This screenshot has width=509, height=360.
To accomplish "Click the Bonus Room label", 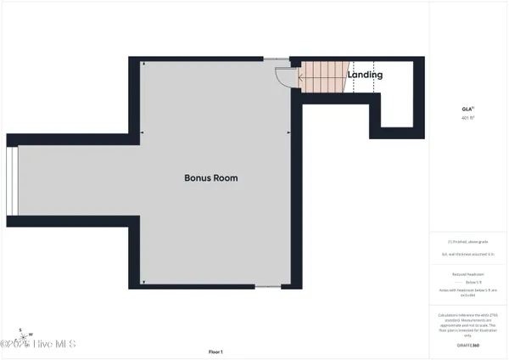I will pyautogui.click(x=211, y=178).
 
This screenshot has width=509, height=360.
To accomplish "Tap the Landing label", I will pyautogui.click(x=365, y=75).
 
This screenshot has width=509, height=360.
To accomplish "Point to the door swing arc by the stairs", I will pyautogui.click(x=284, y=76).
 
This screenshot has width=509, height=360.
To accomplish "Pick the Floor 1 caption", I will pyautogui.click(x=215, y=352).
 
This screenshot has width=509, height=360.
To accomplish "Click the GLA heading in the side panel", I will pyautogui.click(x=467, y=109).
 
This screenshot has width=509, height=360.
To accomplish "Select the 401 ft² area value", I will pyautogui.click(x=467, y=118).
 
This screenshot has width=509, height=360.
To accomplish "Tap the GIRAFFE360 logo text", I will pyautogui.click(x=467, y=345).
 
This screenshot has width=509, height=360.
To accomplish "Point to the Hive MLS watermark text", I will pyautogui.click(x=47, y=344).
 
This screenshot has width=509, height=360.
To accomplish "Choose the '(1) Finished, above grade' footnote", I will pyautogui.click(x=467, y=242).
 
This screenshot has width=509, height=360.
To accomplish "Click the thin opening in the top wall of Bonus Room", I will pyautogui.click(x=276, y=59).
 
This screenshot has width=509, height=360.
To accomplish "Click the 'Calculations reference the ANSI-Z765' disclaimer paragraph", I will pyautogui.click(x=467, y=325).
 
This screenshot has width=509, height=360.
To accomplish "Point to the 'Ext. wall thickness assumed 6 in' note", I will pyautogui.click(x=467, y=254).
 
